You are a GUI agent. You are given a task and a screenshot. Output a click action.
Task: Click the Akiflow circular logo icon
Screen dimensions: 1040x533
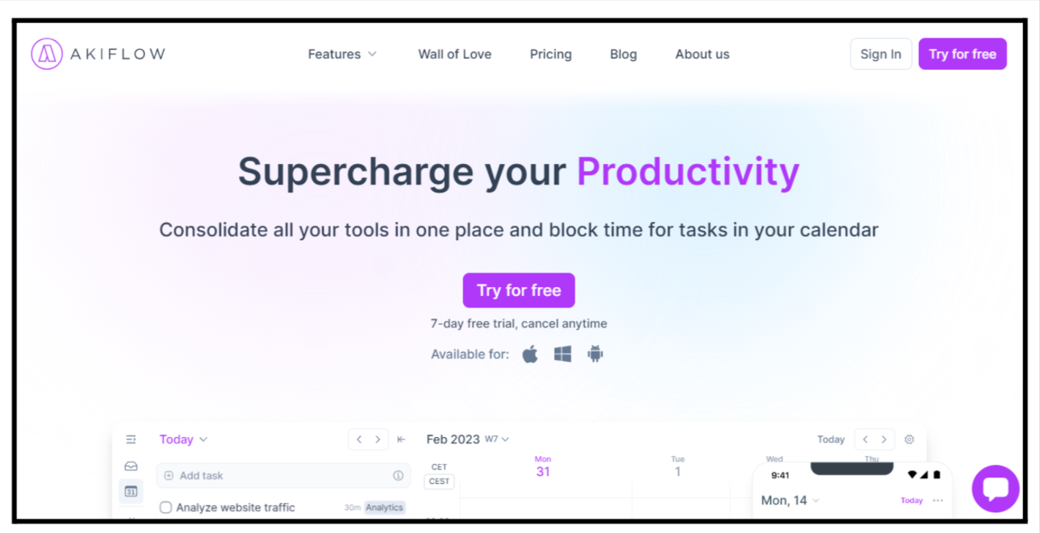click(x=46, y=53)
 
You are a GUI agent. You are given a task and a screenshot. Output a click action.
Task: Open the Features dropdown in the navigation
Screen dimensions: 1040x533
click(x=342, y=54)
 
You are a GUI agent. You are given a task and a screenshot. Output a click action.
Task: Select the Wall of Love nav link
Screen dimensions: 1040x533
click(x=454, y=54)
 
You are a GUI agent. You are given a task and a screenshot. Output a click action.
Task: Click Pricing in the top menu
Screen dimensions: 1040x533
click(x=550, y=54)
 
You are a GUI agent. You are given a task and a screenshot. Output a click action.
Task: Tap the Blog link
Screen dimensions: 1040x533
click(x=623, y=54)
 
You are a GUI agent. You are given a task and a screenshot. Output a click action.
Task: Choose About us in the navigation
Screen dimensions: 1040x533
click(x=702, y=54)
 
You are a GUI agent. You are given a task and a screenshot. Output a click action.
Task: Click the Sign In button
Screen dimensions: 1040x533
click(x=881, y=53)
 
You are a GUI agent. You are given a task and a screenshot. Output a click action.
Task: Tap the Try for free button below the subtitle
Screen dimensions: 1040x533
click(x=519, y=291)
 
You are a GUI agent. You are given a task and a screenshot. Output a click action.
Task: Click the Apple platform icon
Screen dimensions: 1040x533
click(x=530, y=354)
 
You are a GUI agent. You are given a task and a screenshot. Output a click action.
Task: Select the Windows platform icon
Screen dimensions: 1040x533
click(x=563, y=354)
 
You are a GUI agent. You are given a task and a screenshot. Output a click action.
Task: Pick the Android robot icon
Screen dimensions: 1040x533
click(x=595, y=354)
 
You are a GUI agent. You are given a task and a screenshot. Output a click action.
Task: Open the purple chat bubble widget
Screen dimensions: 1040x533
click(x=995, y=488)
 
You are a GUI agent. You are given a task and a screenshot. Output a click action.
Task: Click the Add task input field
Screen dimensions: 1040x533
click(x=283, y=475)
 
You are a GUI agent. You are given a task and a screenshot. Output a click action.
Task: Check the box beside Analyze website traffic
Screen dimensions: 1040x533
click(x=166, y=507)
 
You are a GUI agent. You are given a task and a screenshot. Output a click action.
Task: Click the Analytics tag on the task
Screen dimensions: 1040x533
click(x=385, y=507)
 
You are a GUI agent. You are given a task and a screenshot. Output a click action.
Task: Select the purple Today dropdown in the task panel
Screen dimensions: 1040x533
click(x=183, y=439)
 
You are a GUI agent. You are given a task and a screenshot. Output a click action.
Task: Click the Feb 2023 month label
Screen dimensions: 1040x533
click(x=453, y=439)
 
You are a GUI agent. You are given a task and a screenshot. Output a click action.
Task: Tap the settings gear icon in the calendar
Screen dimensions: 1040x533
click(x=909, y=439)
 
